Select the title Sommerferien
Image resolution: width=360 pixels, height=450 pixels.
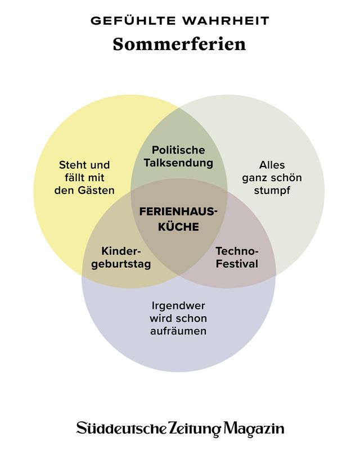(179, 44)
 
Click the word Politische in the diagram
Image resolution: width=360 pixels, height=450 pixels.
(178, 150)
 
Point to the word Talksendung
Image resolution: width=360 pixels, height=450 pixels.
(178, 163)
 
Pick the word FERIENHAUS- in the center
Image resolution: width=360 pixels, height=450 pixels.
(178, 213)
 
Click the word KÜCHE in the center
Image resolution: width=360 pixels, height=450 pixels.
(178, 227)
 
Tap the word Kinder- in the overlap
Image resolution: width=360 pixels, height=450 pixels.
(121, 250)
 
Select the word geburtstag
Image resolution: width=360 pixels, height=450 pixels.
(121, 264)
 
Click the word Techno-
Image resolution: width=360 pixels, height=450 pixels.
(237, 250)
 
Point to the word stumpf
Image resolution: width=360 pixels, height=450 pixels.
(272, 190)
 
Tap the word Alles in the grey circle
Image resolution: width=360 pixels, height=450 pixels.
(272, 165)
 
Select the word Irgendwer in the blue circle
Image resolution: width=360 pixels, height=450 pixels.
(178, 306)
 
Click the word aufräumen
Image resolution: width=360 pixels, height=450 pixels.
(178, 331)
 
